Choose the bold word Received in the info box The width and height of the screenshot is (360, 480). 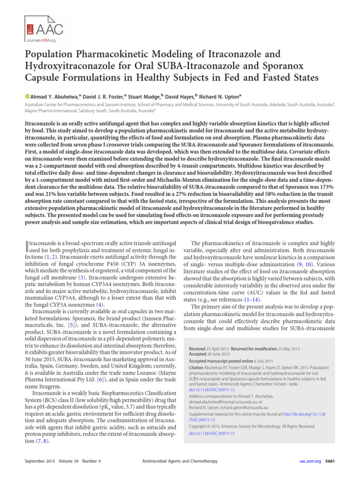click(199, 349)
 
